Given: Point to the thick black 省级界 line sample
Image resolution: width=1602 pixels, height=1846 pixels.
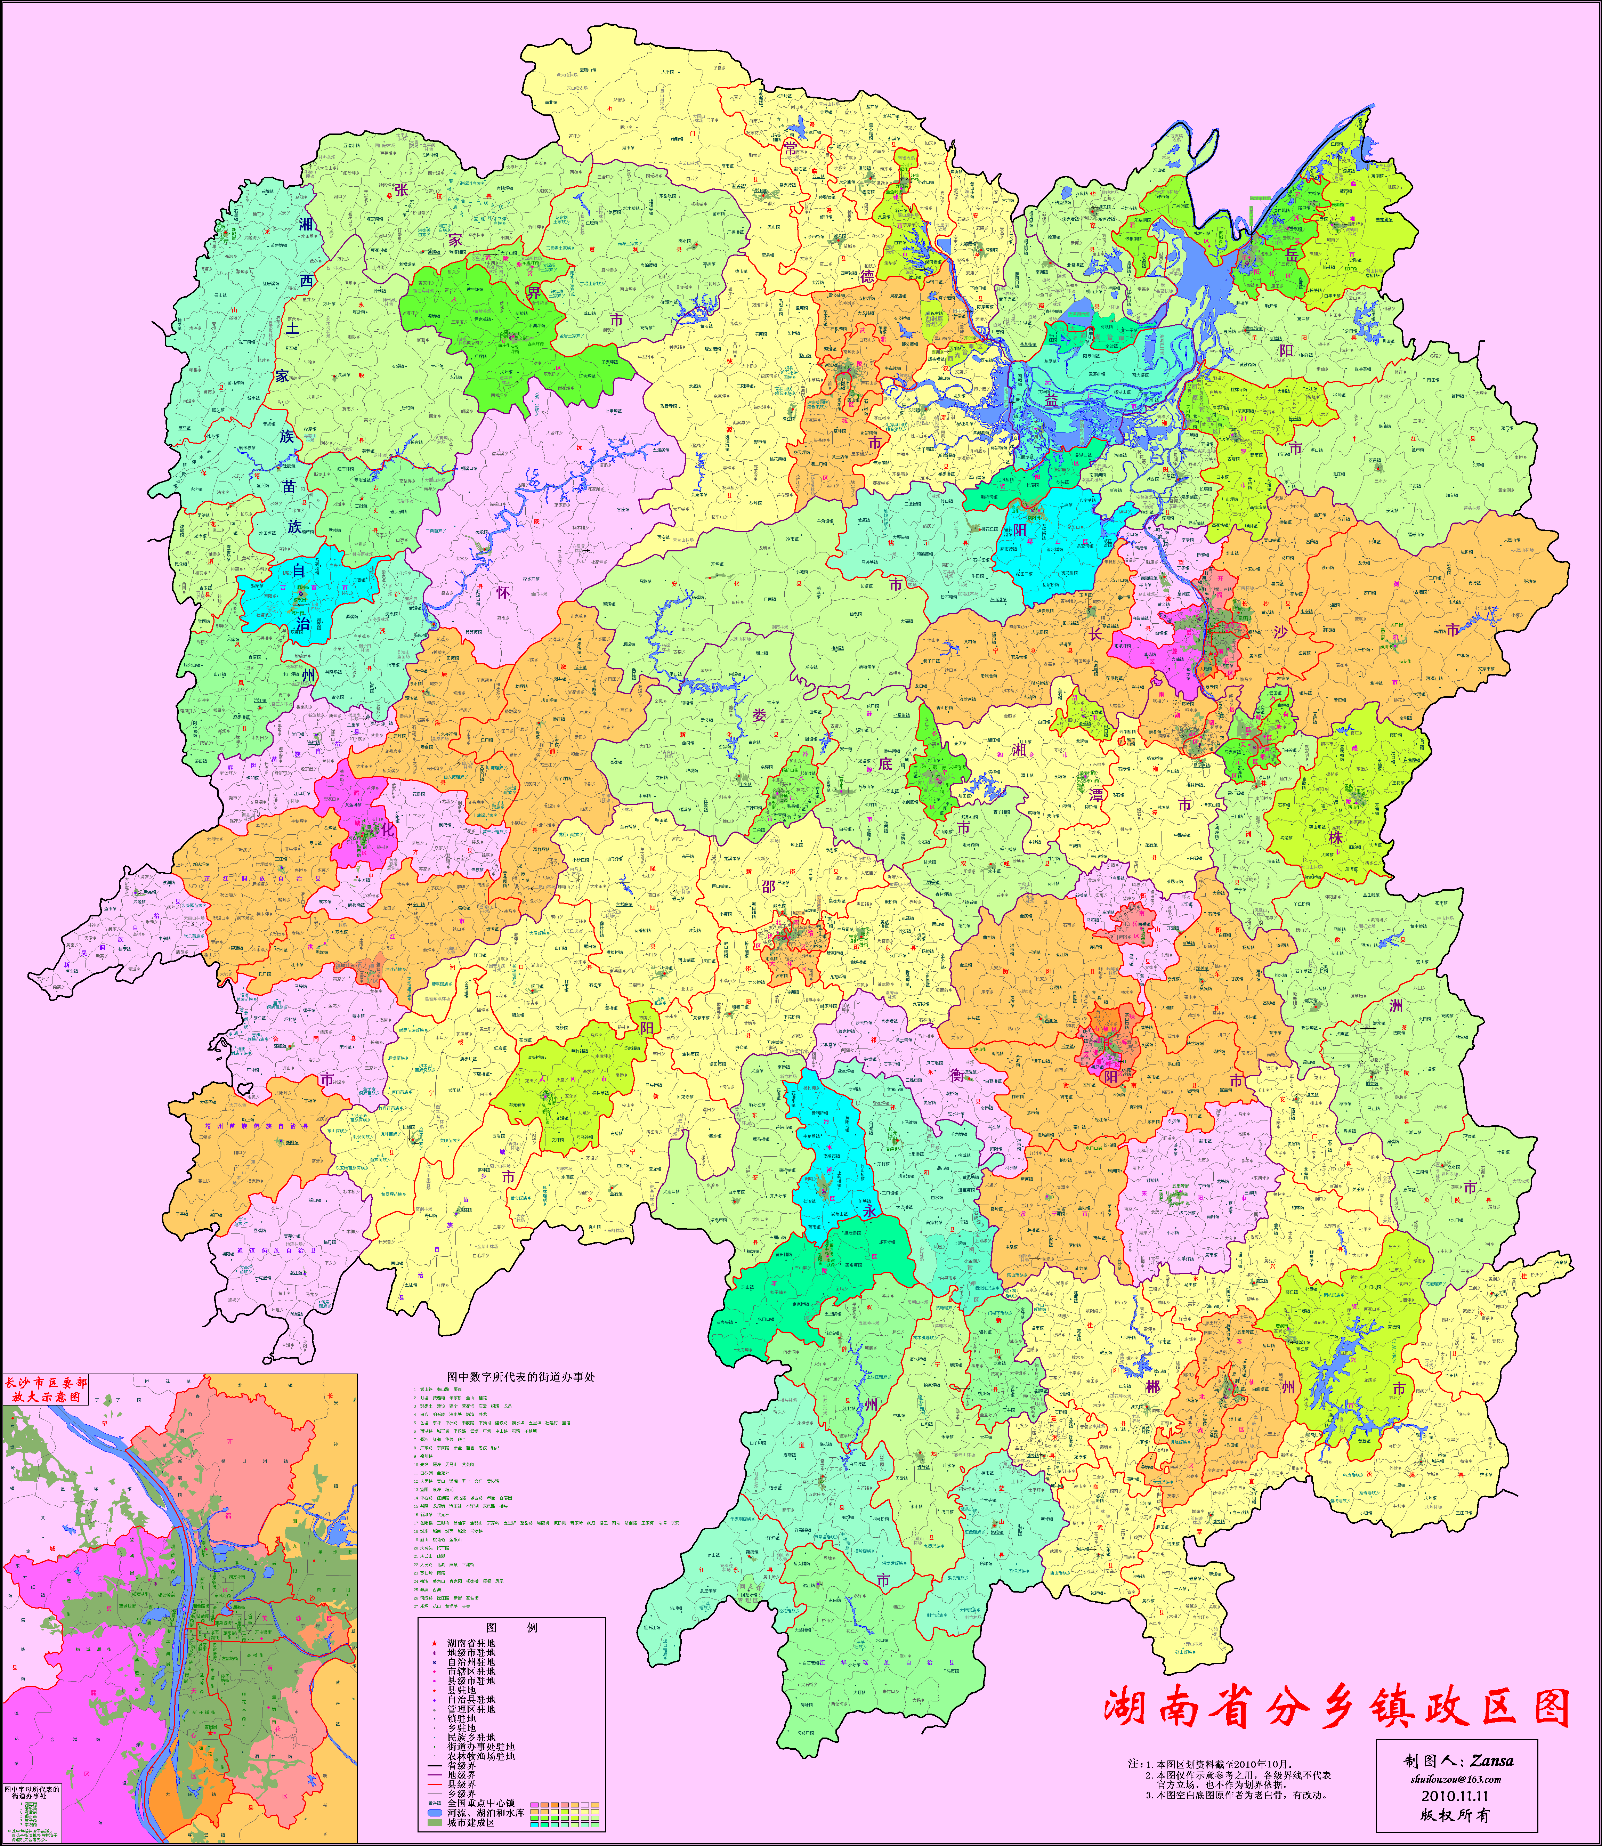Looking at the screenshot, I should coord(435,1766).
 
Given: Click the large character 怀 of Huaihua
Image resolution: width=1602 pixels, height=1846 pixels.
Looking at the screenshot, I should coord(503,591).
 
